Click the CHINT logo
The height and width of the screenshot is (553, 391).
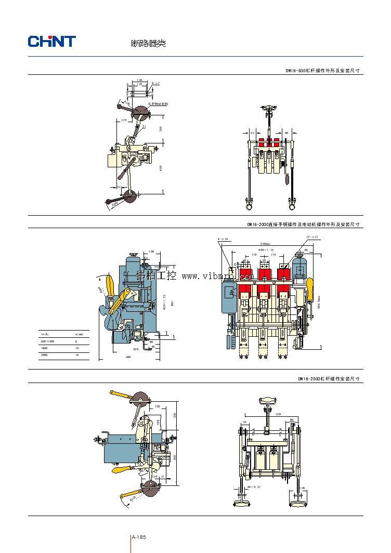51,42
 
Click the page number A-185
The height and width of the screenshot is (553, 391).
139,536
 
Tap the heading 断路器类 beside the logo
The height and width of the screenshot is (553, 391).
148,44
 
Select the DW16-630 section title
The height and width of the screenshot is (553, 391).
322,70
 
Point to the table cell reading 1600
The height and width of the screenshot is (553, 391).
44,348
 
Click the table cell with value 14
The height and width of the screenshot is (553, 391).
76,355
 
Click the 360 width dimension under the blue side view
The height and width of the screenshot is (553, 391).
127,357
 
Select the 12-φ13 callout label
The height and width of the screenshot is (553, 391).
311,237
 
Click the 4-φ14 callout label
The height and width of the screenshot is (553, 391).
224,239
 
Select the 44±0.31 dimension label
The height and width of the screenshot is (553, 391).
254,486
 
